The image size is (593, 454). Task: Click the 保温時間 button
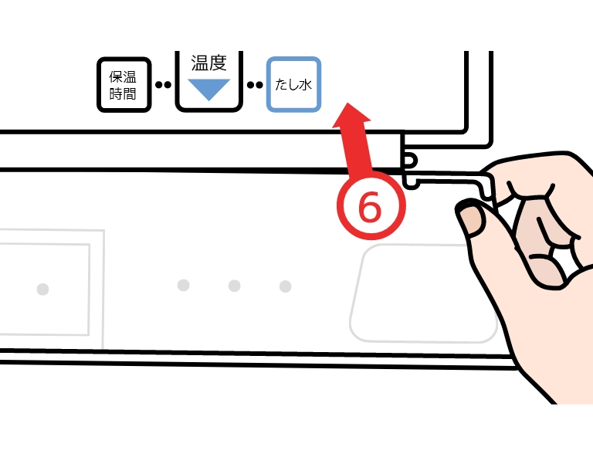[x=124, y=85]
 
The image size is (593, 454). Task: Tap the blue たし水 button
[x=294, y=84]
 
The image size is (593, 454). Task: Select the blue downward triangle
[x=208, y=90]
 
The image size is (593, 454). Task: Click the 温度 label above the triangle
[x=208, y=63]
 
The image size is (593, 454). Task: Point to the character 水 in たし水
[x=305, y=84]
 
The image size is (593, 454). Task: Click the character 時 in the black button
[x=116, y=93]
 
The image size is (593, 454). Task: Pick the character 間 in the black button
[x=130, y=93]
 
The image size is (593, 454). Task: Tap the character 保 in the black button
[x=116, y=76]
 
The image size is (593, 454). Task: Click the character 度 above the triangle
[x=218, y=63]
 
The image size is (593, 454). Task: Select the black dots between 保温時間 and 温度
[x=164, y=85]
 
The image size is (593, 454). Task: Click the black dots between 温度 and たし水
[x=255, y=85]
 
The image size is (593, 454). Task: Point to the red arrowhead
[x=351, y=115]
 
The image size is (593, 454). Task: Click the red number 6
[x=370, y=207]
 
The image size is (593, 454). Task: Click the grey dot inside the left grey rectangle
[x=42, y=290]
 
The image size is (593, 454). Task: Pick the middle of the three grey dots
[x=235, y=286]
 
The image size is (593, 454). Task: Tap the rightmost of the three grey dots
[x=285, y=286]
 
